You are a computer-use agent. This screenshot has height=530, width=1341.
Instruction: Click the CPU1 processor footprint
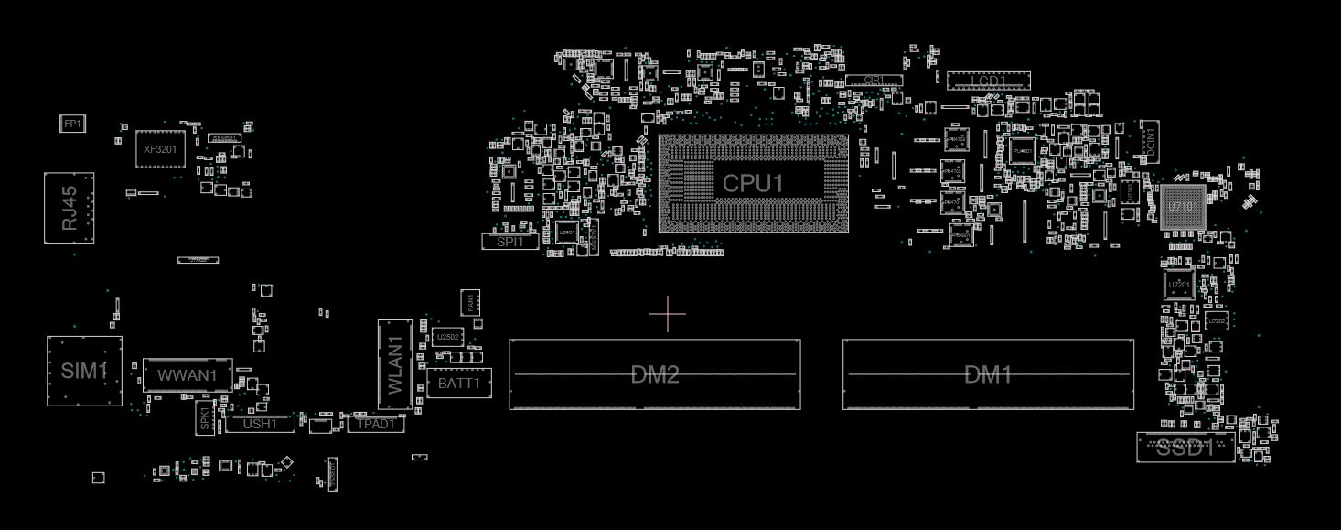coord(753,183)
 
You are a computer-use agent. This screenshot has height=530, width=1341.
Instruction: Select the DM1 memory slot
coord(988,374)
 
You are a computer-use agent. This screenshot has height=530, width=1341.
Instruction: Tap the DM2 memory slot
coord(655,374)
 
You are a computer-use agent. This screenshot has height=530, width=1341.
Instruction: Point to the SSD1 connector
coord(1185,448)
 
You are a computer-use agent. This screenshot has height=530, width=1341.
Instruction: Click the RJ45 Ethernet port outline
coord(69,208)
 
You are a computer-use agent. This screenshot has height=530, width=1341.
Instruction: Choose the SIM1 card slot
coord(84,371)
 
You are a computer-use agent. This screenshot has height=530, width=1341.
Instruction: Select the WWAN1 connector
coord(188,375)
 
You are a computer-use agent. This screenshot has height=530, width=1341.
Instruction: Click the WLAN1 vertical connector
coord(393,364)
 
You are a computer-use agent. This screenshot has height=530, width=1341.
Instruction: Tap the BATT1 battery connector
coord(459,383)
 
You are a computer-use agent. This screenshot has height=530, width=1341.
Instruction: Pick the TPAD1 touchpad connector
coord(376,424)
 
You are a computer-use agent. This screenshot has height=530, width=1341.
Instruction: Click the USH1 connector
coord(260,424)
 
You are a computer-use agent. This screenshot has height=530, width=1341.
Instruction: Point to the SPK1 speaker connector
coord(204,418)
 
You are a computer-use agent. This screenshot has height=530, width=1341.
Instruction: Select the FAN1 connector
coord(470,302)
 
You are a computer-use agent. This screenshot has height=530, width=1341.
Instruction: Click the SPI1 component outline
coord(510,242)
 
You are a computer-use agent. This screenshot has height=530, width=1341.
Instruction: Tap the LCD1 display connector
coord(988,81)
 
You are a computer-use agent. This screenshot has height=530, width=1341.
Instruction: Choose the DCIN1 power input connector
coord(1150,141)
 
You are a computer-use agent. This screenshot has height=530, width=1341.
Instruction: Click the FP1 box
coord(72,124)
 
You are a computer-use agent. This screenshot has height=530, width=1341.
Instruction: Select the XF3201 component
coord(160,148)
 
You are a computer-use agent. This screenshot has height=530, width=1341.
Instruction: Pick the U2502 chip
coord(448,337)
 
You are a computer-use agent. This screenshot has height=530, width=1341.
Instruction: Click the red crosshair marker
coord(668,315)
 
